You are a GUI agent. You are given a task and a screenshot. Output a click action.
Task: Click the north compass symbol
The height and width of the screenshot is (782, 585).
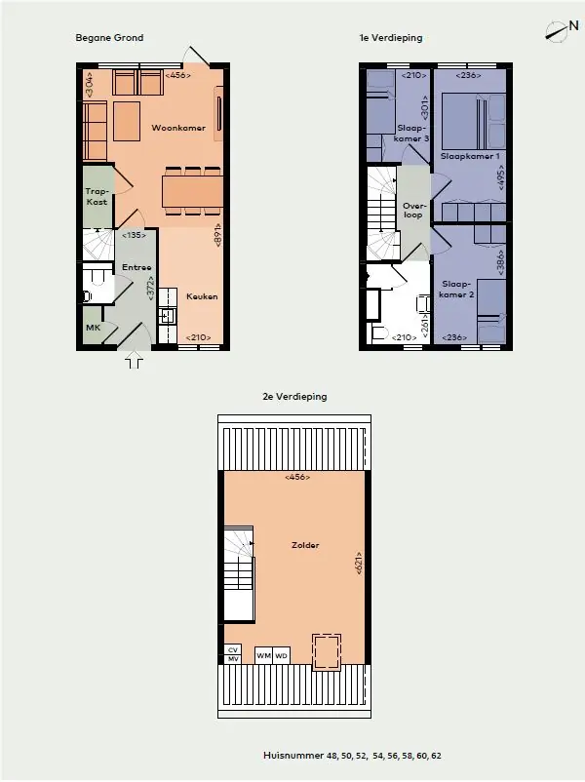pyautogui.click(x=561, y=30)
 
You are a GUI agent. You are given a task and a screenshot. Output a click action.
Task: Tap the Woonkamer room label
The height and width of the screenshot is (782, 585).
pyautogui.click(x=178, y=128)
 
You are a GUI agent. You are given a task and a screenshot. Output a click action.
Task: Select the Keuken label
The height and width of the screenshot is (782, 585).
pyautogui.click(x=202, y=296)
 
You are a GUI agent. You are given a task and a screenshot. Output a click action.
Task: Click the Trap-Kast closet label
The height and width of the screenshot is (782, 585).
pyautogui.click(x=97, y=197)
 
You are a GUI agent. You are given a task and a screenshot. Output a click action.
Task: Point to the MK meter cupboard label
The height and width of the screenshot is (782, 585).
pyautogui.click(x=94, y=328)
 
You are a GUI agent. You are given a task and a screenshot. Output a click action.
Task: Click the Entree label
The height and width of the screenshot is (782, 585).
pyautogui.click(x=136, y=267)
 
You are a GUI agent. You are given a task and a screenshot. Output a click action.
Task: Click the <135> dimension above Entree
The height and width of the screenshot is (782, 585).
pyautogui.click(x=134, y=235)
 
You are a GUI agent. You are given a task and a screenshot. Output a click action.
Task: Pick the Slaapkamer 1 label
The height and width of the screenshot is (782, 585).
pyautogui.click(x=470, y=156)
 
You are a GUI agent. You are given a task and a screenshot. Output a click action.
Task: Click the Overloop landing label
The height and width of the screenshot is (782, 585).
pyautogui.click(x=414, y=210)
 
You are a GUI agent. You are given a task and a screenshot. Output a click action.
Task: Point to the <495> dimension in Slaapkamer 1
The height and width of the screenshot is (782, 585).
pyautogui.click(x=501, y=177)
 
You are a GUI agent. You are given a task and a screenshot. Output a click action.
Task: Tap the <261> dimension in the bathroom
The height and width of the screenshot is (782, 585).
pyautogui.click(x=425, y=326)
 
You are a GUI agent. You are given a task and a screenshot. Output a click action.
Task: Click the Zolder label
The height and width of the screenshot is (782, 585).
pyautogui.click(x=305, y=545)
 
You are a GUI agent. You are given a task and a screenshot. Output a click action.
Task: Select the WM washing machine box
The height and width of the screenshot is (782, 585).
pyautogui.click(x=263, y=655)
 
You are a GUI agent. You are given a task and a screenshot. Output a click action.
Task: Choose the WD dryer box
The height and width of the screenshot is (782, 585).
pyautogui.click(x=281, y=655)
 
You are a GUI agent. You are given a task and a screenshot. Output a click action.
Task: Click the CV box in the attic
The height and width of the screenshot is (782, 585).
pyautogui.click(x=233, y=649)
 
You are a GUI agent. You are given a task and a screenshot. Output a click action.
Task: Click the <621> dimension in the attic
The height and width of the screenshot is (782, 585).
pyautogui.click(x=359, y=564)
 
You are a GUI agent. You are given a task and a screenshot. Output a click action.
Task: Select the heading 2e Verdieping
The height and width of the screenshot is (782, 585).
pyautogui.click(x=294, y=397)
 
